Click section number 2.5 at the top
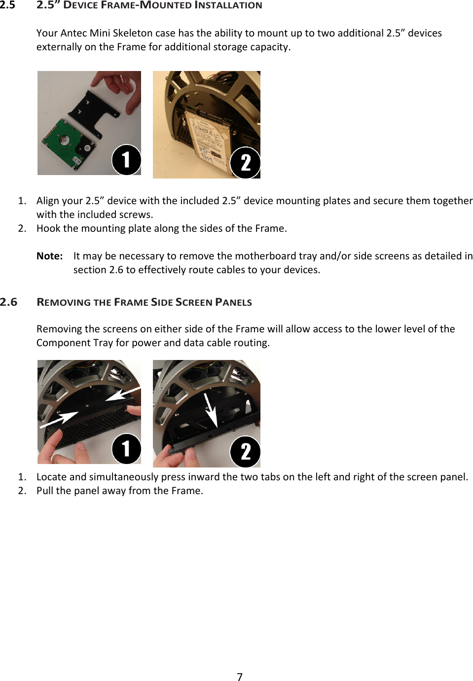(7, 5)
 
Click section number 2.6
(8, 302)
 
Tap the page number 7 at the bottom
(240, 677)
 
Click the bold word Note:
(49, 256)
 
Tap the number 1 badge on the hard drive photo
(126, 160)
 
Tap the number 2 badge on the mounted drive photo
(245, 163)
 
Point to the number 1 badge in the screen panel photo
(126, 449)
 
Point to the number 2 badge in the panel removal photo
(245, 452)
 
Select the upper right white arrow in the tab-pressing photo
(123, 394)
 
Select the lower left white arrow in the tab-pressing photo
(59, 420)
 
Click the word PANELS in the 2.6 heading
(233, 302)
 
